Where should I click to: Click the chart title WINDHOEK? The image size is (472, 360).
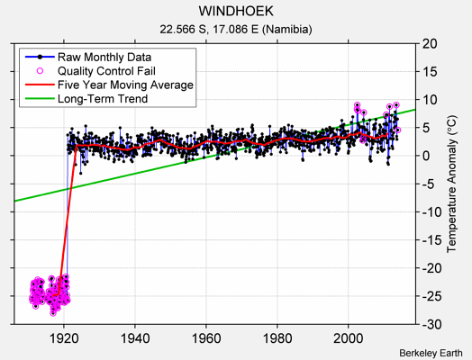tap(236, 12)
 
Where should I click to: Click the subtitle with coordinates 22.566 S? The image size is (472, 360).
tap(236, 29)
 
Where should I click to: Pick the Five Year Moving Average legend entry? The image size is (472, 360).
tap(125, 85)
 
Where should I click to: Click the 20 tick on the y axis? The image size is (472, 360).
tap(428, 43)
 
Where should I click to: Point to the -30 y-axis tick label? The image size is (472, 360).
tap(431, 324)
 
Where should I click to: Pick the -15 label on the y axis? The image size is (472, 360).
tap(431, 239)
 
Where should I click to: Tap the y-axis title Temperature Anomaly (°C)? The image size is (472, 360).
tap(453, 184)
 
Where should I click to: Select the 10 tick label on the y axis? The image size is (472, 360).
tap(428, 100)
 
